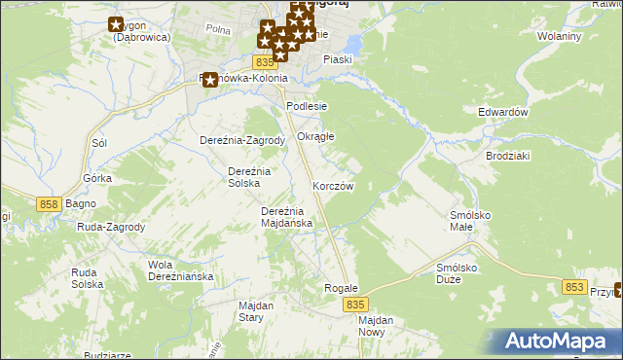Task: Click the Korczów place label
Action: point(332,185)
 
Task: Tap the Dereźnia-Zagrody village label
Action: point(241,140)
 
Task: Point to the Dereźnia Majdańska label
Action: point(286,217)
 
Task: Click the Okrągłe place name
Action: point(315,136)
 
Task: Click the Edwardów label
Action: point(502,112)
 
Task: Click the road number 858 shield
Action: point(51,203)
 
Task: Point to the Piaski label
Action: point(338,59)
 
